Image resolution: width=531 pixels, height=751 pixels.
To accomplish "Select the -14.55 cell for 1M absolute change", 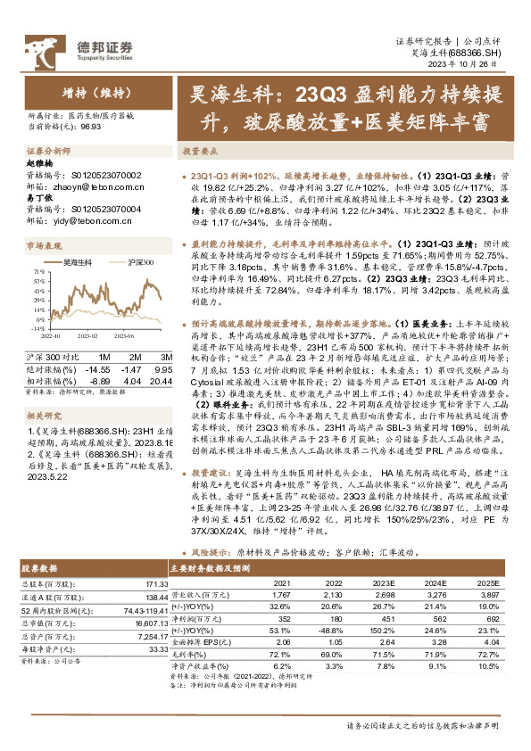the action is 99,343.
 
